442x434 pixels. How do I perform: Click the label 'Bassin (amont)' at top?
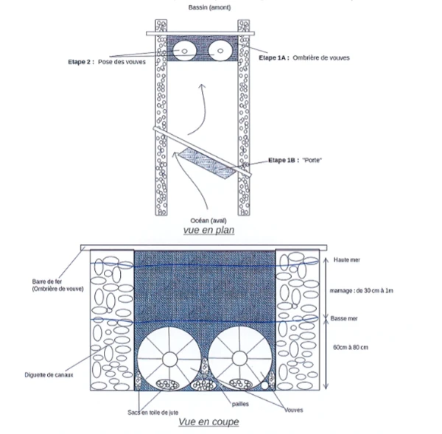pos(209,7)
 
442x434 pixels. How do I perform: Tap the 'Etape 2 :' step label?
pos(81,62)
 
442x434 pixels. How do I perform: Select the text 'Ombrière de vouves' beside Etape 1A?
pos(321,57)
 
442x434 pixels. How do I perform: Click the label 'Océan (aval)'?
pos(208,220)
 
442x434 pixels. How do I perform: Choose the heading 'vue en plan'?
pos(209,230)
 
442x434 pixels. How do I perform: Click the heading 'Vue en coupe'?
pos(209,422)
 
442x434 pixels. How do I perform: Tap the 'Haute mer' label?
pos(347,259)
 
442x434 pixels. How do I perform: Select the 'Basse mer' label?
pos(344,318)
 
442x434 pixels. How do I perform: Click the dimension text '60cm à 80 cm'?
pos(351,347)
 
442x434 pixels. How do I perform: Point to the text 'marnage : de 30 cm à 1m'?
pos(362,290)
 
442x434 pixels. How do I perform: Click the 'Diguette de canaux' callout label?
pos(49,375)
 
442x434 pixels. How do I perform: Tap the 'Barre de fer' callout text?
pos(47,281)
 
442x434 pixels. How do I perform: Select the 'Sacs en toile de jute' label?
pos(152,413)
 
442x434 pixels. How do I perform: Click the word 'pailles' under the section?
pos(240,404)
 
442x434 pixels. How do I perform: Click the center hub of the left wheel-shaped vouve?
pos(169,359)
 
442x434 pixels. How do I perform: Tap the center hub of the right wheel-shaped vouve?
pos(240,358)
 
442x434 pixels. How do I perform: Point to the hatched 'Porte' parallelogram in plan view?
pos(207,163)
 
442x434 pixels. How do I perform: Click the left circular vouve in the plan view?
pos(184,51)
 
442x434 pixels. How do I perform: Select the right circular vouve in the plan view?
pos(220,51)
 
